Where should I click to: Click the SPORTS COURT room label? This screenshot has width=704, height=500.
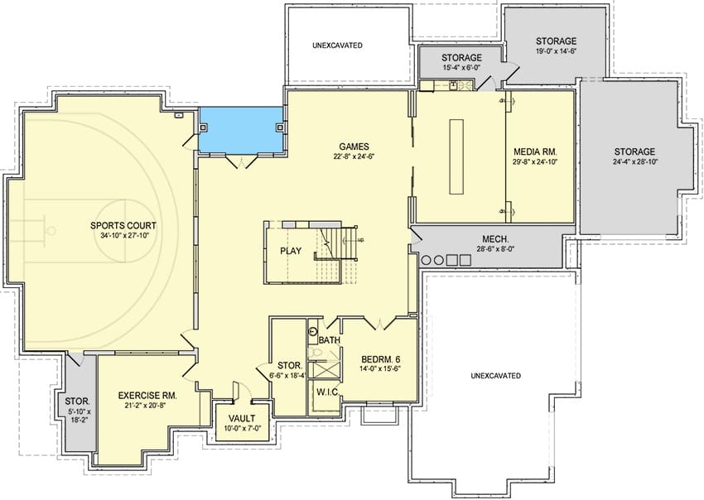123,226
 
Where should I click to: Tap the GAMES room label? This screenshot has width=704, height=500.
354,147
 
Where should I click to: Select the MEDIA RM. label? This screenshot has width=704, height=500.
535,151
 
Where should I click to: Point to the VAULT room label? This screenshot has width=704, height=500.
242,419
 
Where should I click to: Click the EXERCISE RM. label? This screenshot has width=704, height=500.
147,396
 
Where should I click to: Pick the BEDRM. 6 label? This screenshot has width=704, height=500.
381,359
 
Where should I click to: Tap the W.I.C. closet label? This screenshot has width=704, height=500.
327,392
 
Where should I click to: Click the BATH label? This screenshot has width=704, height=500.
329,341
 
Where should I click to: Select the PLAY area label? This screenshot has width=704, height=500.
291,251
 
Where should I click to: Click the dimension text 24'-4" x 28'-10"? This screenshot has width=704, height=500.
634,162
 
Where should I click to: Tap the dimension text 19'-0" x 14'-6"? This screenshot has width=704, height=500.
556,51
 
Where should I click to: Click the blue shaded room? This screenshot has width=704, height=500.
241,130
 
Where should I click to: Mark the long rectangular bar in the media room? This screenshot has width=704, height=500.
456,156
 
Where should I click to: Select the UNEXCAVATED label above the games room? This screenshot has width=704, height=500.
338,46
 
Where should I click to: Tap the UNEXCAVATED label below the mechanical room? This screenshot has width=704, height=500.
495,376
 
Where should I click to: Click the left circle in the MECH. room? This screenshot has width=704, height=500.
425,260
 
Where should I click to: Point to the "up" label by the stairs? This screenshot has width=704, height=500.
360,240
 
